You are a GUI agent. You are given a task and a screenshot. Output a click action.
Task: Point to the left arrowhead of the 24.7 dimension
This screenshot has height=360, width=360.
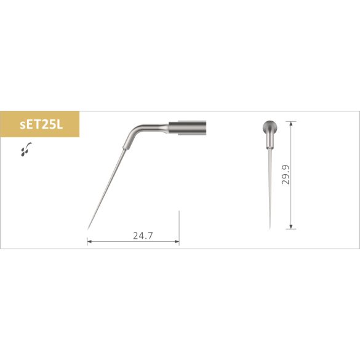pos(90,242)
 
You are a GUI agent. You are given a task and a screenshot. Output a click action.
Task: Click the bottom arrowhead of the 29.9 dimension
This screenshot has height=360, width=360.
pos(290,227)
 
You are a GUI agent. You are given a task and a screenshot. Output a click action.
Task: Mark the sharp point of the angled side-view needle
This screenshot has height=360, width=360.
pos(88,228)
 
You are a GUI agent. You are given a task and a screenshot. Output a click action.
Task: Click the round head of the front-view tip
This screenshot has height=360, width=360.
pos(270,127)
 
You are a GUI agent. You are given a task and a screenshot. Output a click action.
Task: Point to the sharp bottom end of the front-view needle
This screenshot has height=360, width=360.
pos(270,229)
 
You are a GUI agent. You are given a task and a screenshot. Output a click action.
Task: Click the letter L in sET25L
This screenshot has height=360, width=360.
pos(62,125)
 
